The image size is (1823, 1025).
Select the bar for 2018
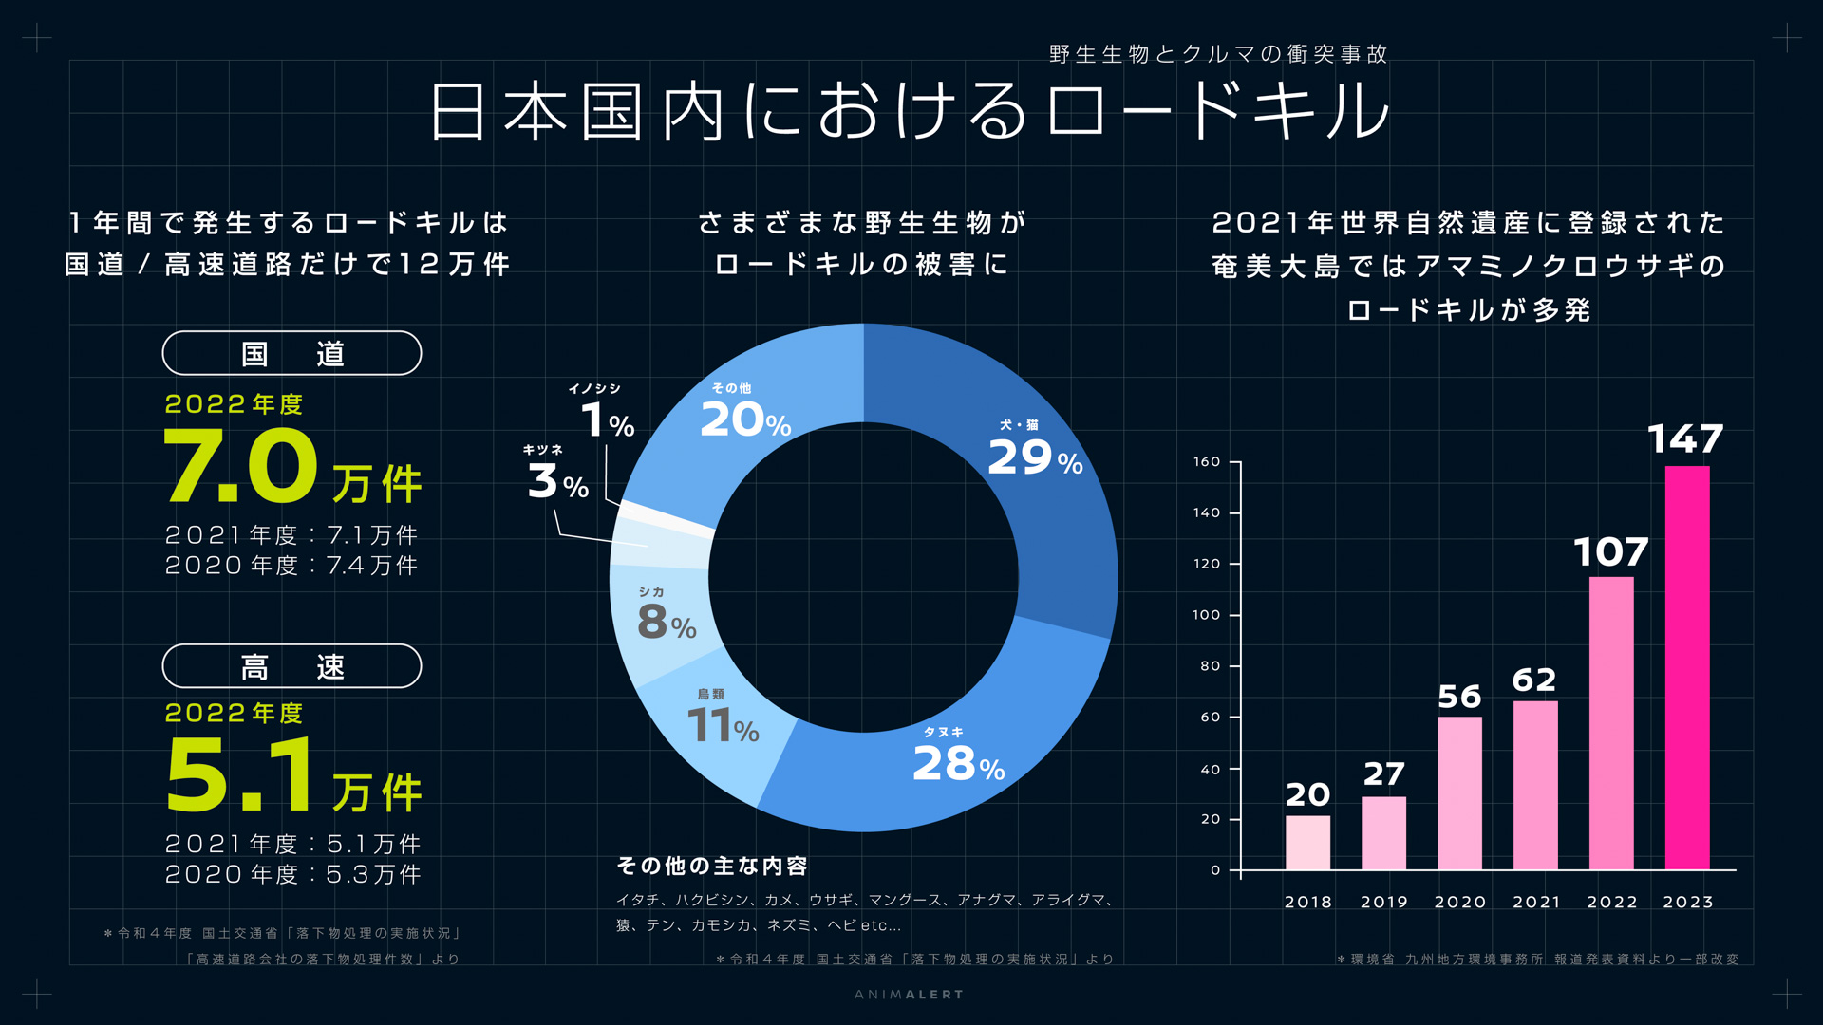pos(1307,842)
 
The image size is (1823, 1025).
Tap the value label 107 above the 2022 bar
pos(1610,552)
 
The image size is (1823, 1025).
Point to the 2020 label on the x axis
pos(1459,902)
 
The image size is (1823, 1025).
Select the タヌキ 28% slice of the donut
pos(949,769)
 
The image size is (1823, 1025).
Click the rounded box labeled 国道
pos(291,353)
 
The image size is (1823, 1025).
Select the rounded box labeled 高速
pos(291,666)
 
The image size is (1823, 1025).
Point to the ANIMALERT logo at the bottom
pos(909,995)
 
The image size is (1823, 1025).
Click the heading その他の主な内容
pos(712,866)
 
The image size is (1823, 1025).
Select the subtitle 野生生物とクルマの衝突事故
pos(1218,54)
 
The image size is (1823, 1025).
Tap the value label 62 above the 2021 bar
pos(1534,680)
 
